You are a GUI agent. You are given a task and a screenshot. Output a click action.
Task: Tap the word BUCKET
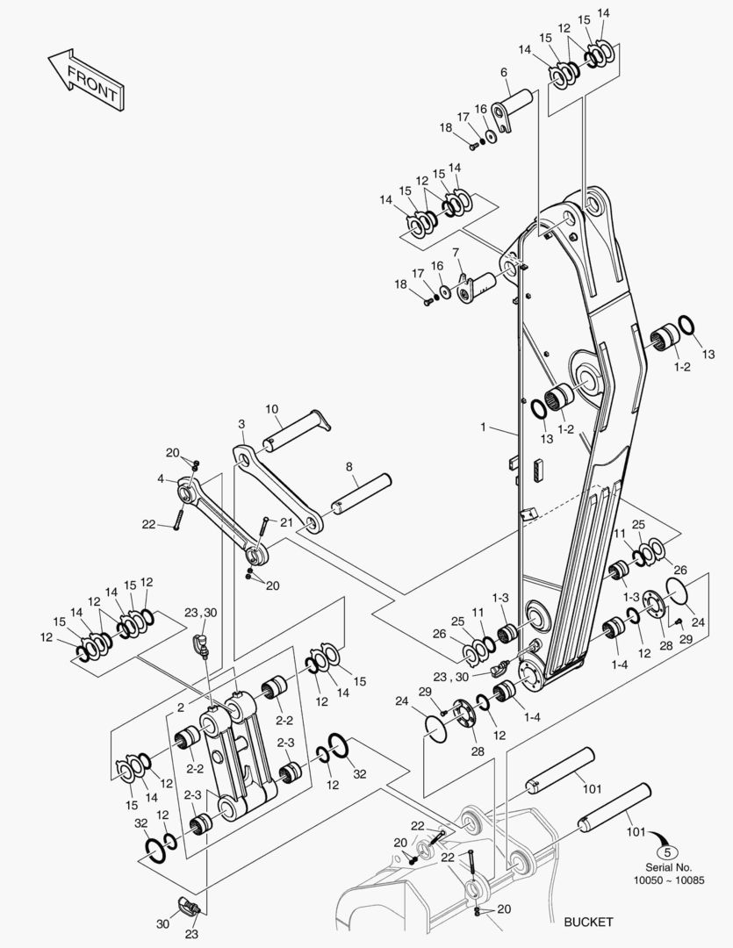tap(588, 922)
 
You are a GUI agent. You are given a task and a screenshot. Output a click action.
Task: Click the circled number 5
tap(669, 851)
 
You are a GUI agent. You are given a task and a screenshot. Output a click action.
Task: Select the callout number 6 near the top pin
tap(504, 72)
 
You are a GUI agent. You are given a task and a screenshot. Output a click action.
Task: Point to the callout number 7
tap(456, 253)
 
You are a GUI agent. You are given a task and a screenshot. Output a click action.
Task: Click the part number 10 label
tap(272, 409)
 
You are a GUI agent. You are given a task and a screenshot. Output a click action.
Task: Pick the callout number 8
tap(349, 467)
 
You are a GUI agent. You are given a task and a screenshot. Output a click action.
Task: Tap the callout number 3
tap(241, 424)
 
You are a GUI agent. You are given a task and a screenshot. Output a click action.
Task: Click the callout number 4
tap(161, 479)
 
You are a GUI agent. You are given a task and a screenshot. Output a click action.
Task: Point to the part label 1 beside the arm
tap(483, 427)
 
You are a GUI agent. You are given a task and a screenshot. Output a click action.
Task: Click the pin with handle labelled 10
tap(294, 430)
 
